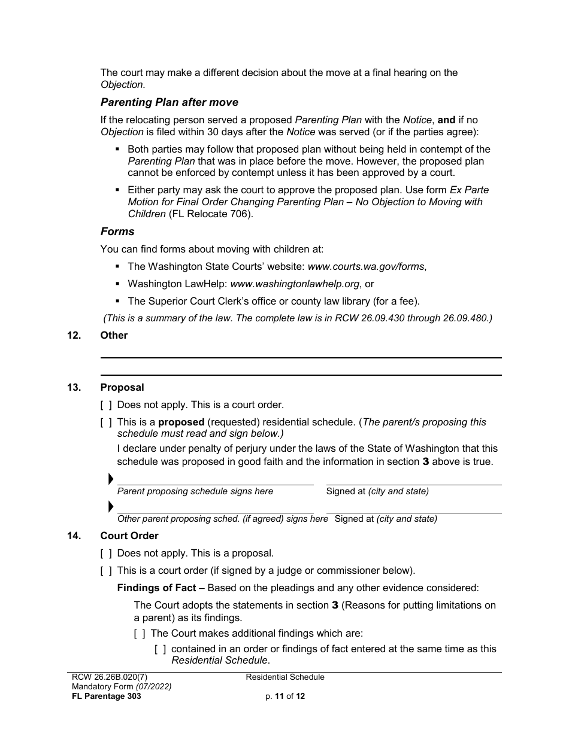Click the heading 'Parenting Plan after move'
(x=169, y=102)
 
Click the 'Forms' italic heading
(x=117, y=232)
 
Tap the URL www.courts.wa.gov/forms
(x=366, y=267)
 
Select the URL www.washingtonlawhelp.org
(x=295, y=284)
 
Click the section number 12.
(x=74, y=336)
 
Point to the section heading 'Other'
(x=114, y=336)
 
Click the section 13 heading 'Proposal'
(x=122, y=388)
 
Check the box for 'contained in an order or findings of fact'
(x=160, y=649)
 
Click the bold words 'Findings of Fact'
(x=156, y=588)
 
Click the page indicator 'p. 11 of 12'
(x=285, y=697)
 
